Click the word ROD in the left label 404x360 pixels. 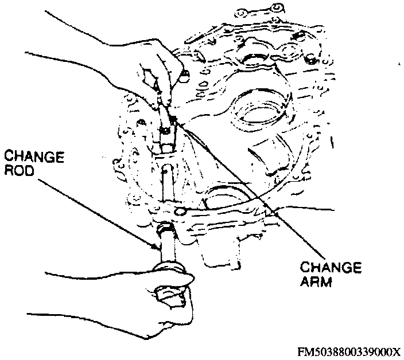(21, 170)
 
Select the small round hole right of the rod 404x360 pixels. (182, 213)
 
